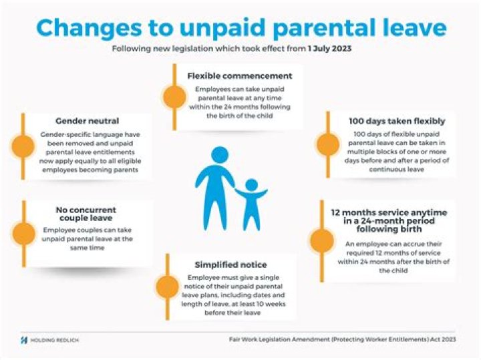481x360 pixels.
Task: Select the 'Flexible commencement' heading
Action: coord(239,75)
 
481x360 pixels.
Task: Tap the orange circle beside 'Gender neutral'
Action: coord(23,146)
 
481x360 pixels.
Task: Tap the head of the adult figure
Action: coord(220,156)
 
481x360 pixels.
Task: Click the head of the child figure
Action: coord(252,184)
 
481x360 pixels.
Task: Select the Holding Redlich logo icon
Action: coord(24,339)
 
